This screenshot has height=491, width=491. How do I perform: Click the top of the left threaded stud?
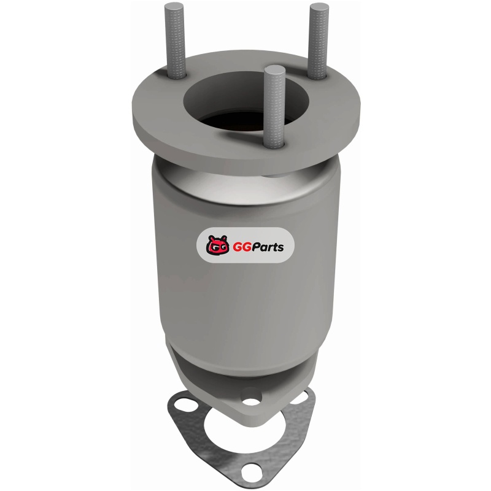click(x=174, y=7)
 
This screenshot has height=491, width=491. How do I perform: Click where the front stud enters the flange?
click(x=274, y=145)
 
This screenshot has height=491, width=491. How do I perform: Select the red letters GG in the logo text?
click(x=240, y=247)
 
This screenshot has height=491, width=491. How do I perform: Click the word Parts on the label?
click(x=266, y=247)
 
